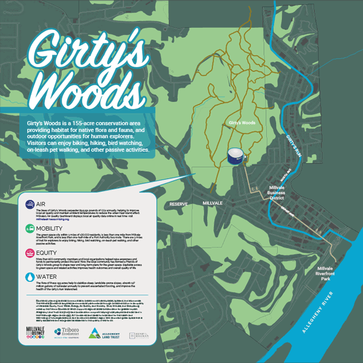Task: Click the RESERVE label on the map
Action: [180, 204]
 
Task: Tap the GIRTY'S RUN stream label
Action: [295, 147]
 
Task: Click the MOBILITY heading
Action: [51, 228]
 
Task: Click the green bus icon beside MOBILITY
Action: [30, 229]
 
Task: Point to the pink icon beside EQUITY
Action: [30, 253]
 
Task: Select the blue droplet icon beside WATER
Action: [30, 277]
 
